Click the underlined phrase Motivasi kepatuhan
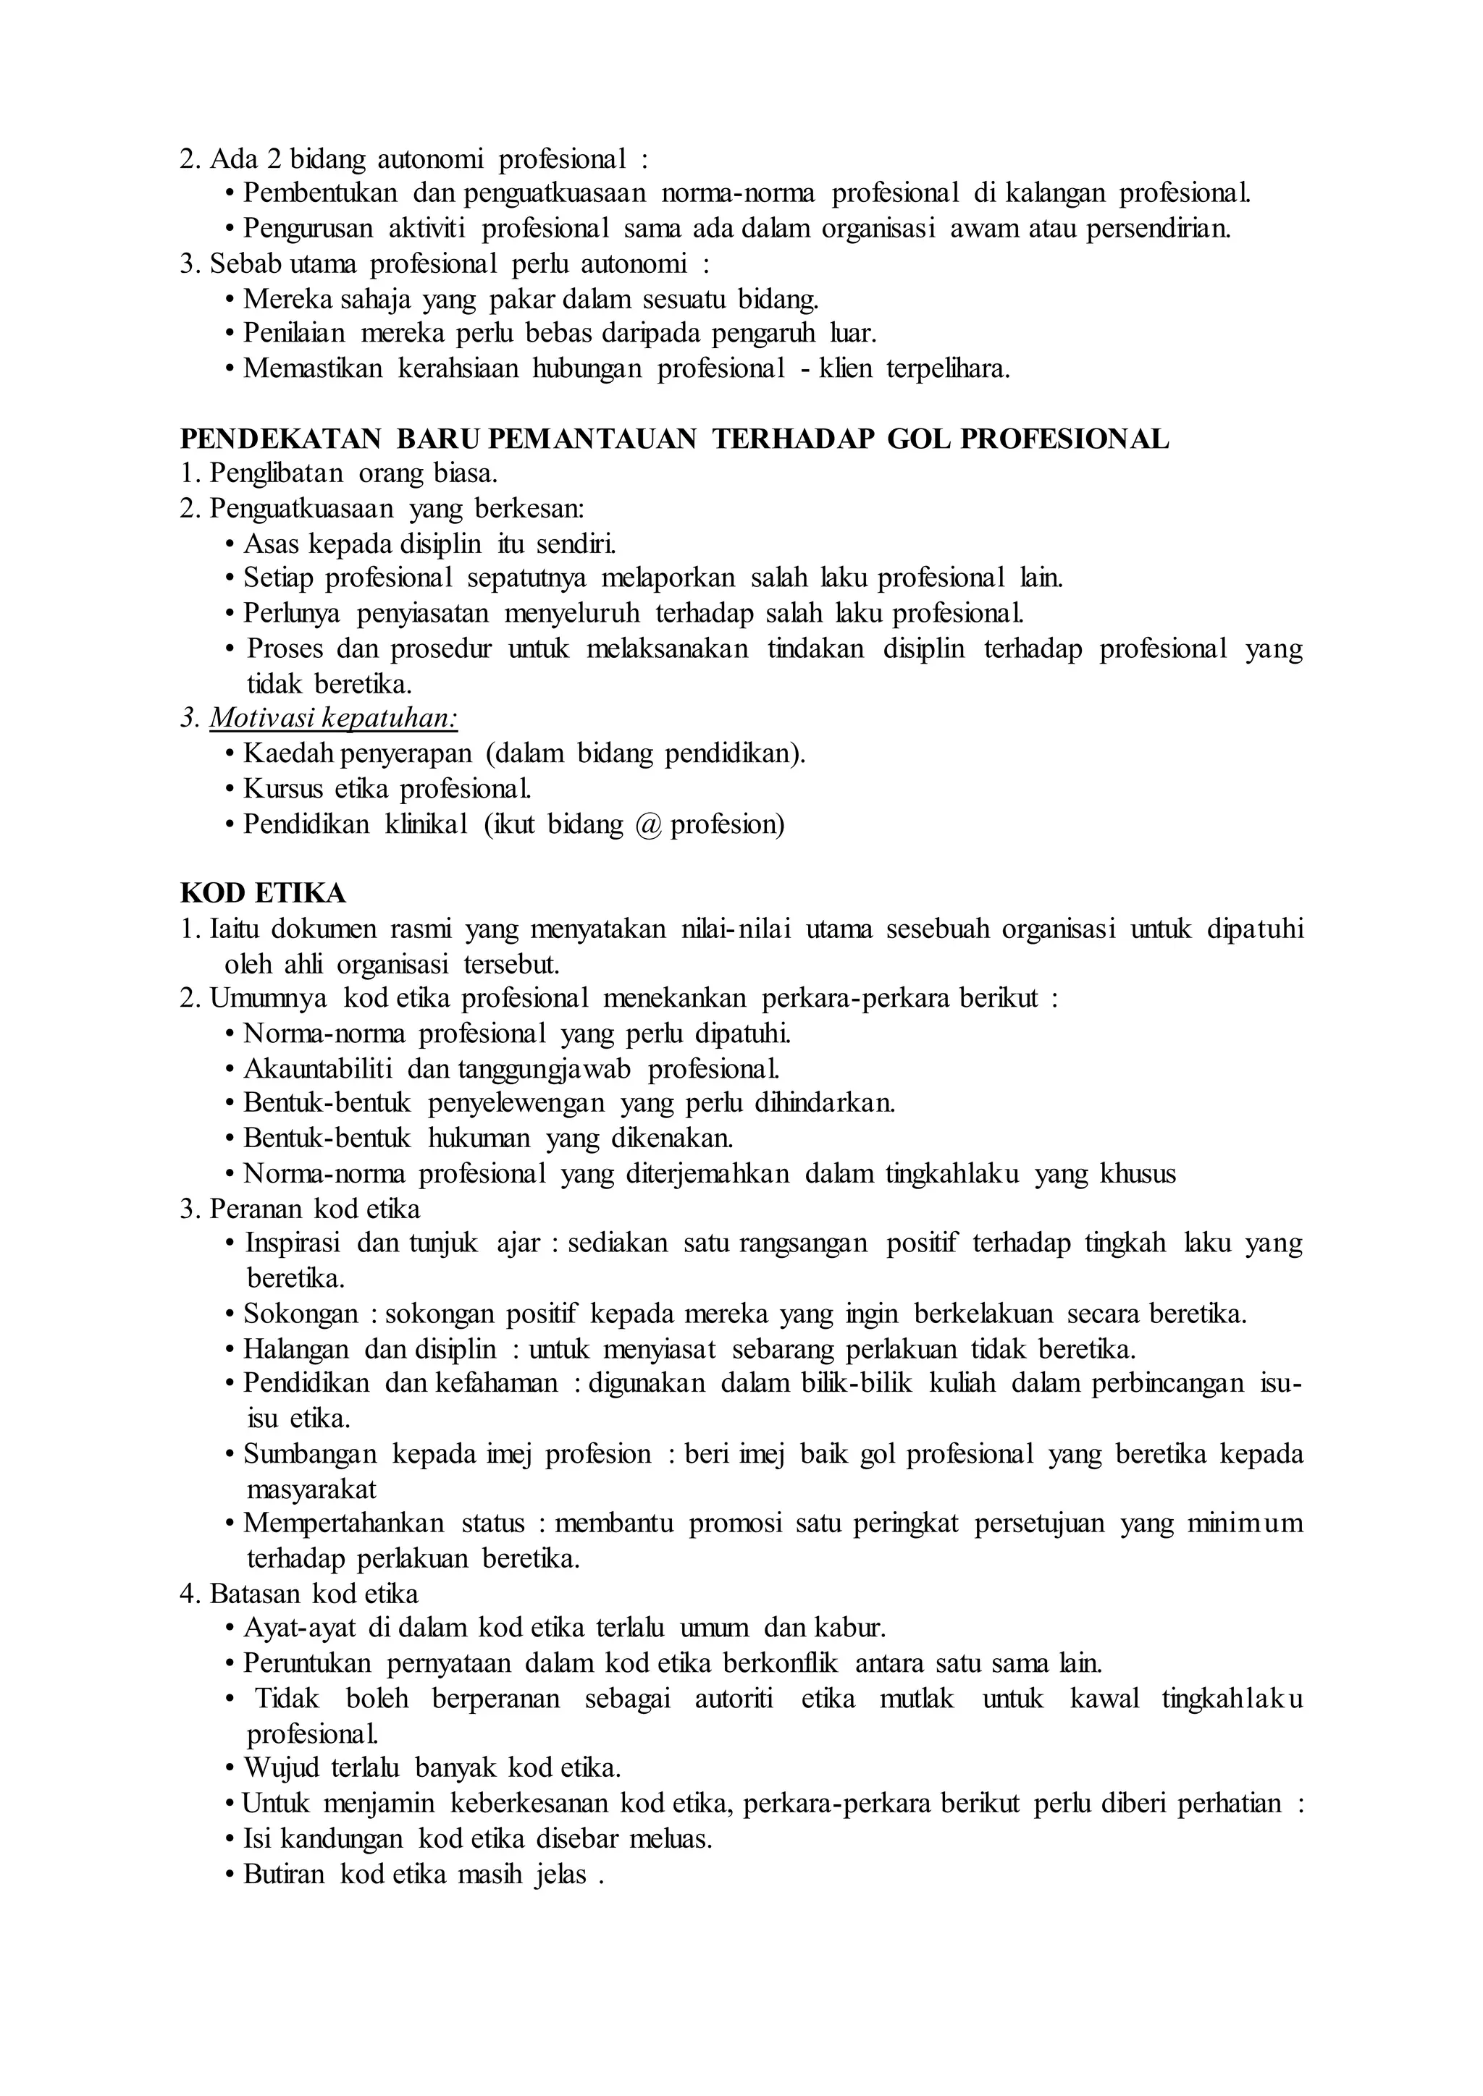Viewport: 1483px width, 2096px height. pyautogui.click(x=333, y=719)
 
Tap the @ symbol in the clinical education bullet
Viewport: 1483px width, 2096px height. pyautogui.click(x=647, y=824)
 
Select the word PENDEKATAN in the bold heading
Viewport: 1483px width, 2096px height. pyautogui.click(x=280, y=439)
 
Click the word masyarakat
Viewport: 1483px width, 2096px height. pyautogui.click(x=311, y=1489)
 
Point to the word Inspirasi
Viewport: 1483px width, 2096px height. pyautogui.click(x=293, y=1243)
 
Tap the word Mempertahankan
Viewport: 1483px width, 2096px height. pyautogui.click(x=344, y=1524)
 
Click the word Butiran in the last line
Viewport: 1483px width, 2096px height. pyautogui.click(x=284, y=1874)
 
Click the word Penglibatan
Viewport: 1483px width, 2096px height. pyautogui.click(x=277, y=474)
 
